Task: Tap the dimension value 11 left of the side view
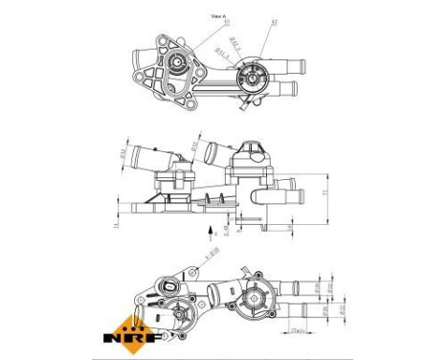click(x=113, y=227)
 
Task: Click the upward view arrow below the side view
click(x=212, y=231)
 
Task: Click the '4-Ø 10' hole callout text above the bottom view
click(x=212, y=254)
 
